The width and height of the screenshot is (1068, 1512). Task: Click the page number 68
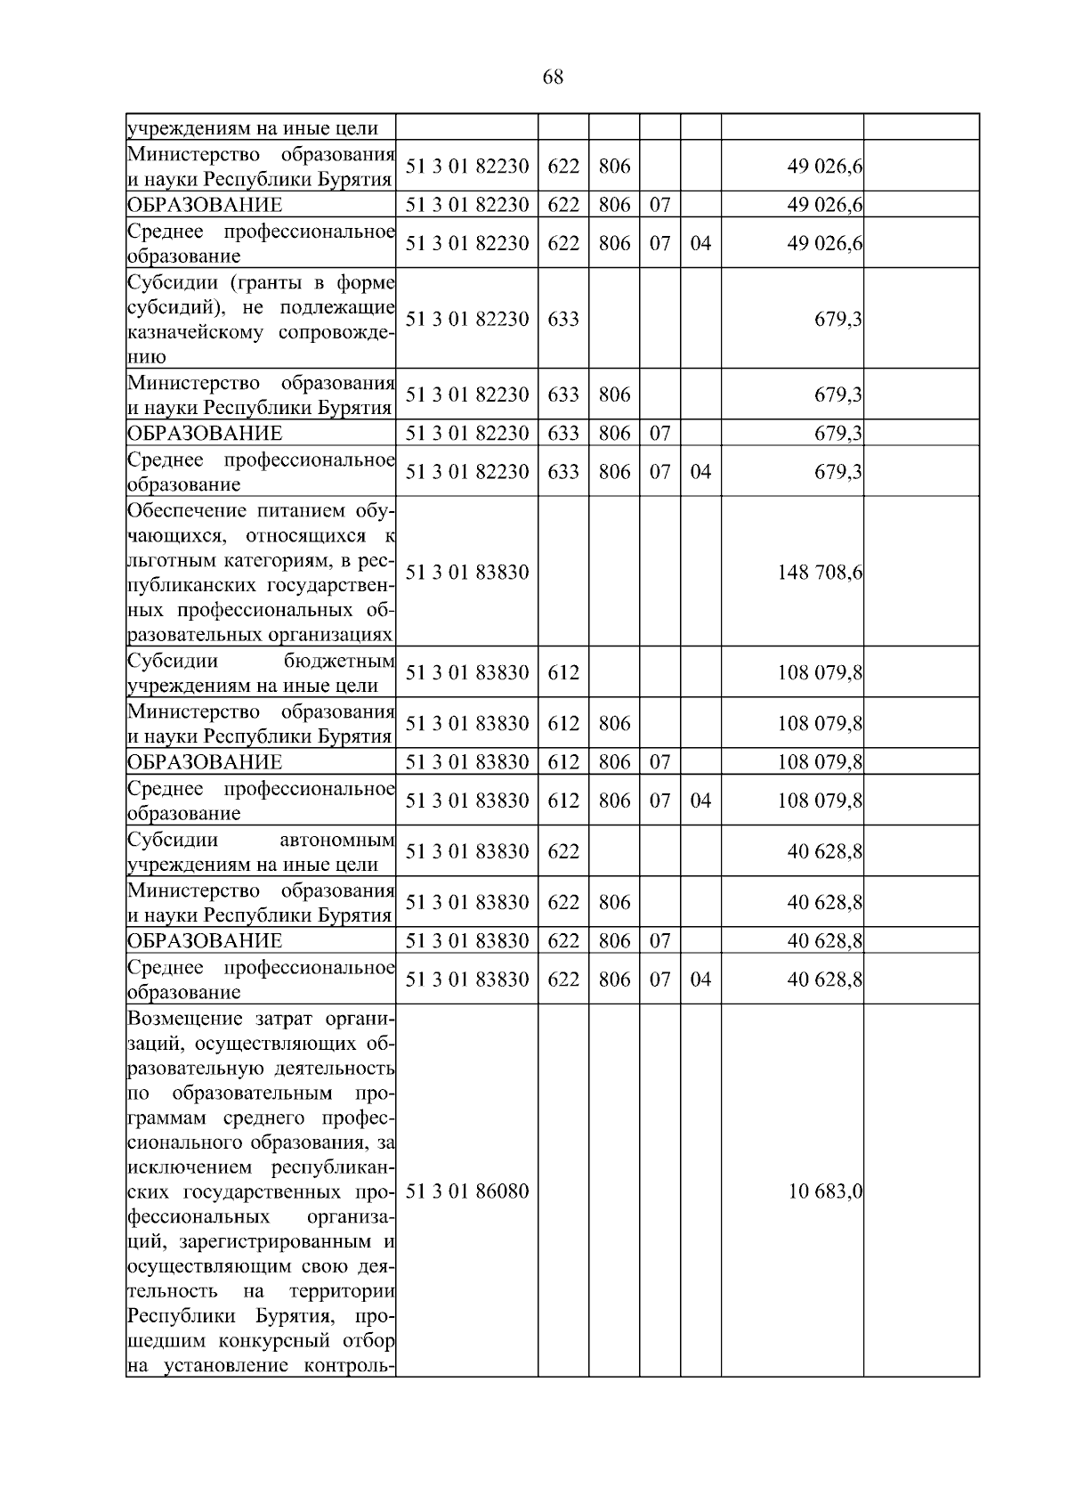point(552,77)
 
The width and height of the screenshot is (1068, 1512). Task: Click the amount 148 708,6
point(820,572)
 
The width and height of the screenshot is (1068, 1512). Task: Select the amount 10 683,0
point(825,1191)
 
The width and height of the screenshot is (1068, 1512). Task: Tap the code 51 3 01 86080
point(467,1191)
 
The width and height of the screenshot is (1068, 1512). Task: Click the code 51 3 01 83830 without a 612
point(467,572)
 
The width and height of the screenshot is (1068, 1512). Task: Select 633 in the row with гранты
point(562,319)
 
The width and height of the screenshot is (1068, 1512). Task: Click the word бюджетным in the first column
point(339,662)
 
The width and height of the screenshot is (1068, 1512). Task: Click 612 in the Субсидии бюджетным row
point(562,673)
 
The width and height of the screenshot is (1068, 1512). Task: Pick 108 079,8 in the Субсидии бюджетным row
point(820,673)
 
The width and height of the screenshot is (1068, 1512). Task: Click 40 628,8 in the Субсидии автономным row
point(824,852)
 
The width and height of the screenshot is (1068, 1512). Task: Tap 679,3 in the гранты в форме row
point(837,319)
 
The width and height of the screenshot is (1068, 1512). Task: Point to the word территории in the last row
point(342,1291)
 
